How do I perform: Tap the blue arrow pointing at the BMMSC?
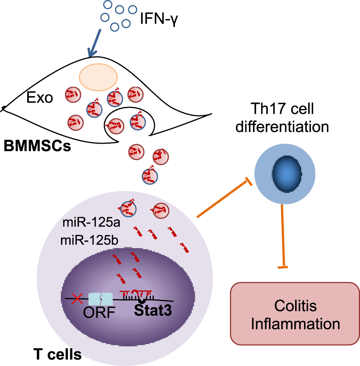tap(95, 42)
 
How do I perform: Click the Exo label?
tap(39, 99)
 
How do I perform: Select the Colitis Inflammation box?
tap(294, 314)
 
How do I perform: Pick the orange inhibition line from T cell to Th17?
tap(223, 200)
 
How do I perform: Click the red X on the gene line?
tap(78, 299)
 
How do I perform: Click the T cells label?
tap(57, 355)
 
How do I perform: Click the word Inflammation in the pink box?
tap(294, 324)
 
